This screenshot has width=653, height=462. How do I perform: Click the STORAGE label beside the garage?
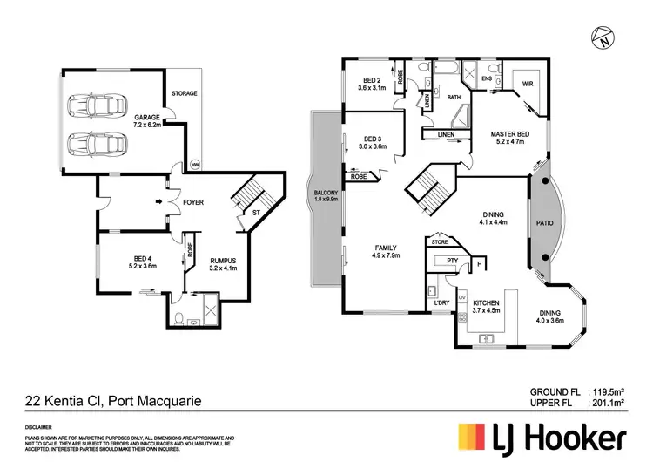(x=184, y=93)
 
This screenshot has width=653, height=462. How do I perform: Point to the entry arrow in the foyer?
(x=158, y=201)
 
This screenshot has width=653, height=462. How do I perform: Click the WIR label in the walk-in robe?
(x=527, y=85)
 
